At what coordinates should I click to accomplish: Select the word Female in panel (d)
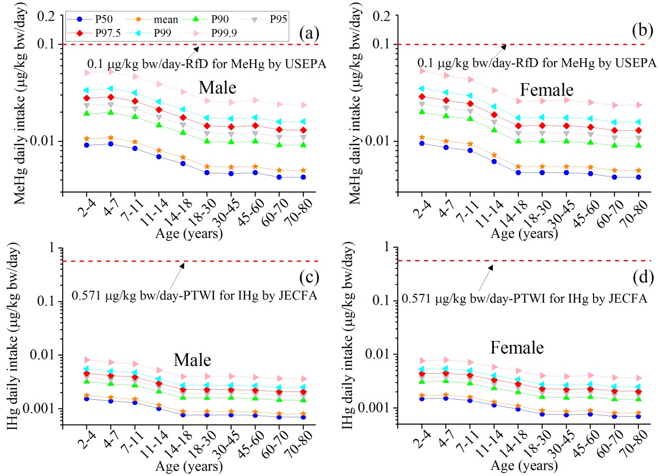click(x=518, y=347)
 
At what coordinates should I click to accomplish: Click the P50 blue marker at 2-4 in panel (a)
click(x=87, y=145)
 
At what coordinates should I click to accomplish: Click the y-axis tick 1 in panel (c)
click(x=51, y=248)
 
